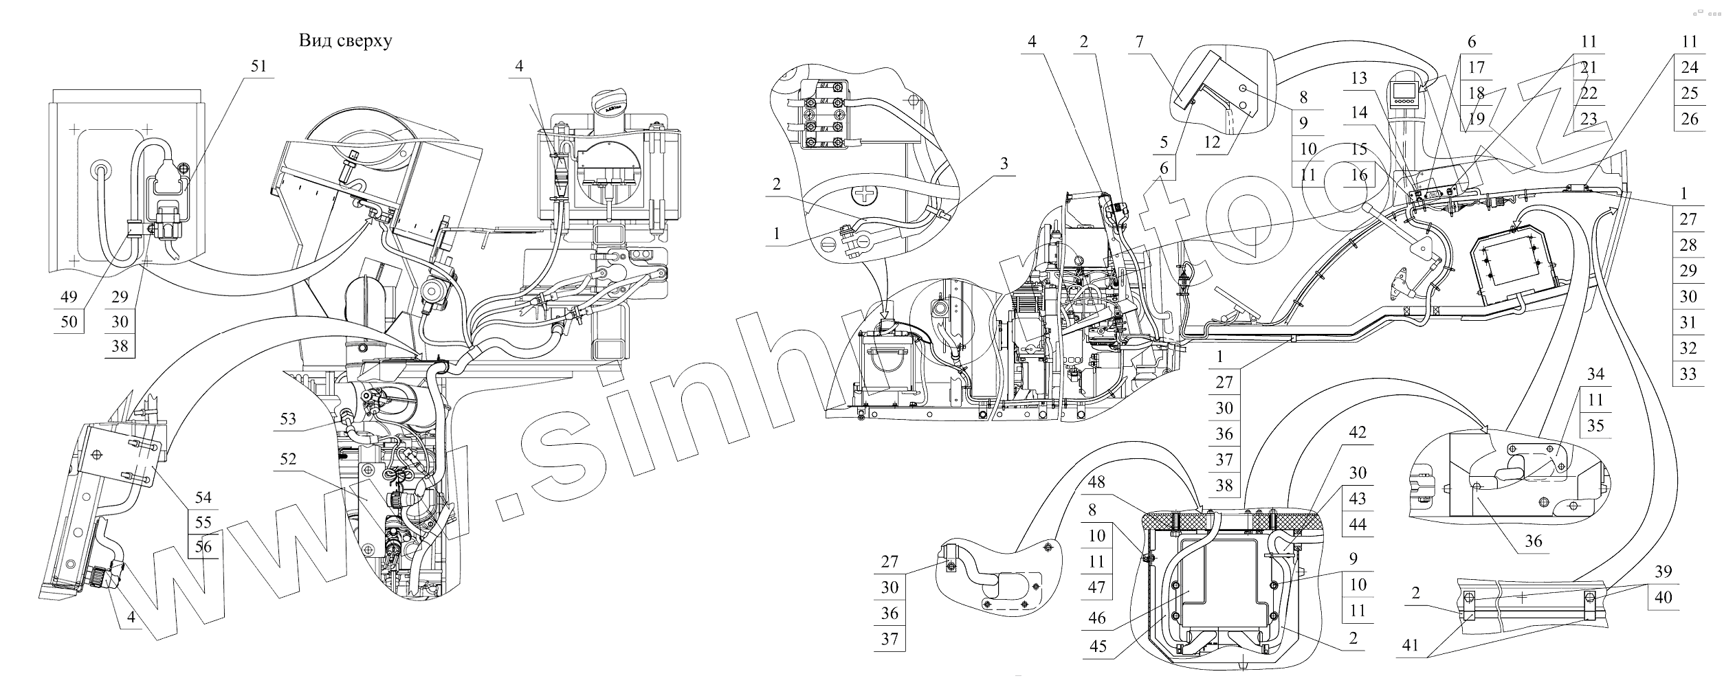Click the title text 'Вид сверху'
345,41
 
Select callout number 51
258,66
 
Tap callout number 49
69,297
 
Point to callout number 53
288,418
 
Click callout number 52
288,459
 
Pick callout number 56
203,548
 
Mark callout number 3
1004,164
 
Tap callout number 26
1690,119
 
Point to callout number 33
1688,374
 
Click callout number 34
1595,374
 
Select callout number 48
1096,483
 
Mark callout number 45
1097,646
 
